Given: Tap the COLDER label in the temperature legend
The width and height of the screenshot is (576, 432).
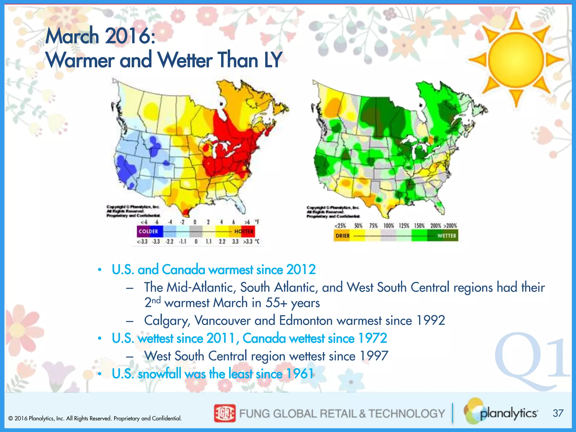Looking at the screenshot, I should pos(148,231).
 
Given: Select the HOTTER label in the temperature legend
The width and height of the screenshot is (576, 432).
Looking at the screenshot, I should pos(244,231).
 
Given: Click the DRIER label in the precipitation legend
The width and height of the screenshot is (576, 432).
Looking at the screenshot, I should pos(343,236).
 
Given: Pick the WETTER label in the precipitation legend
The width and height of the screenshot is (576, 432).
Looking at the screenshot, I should pos(447,236).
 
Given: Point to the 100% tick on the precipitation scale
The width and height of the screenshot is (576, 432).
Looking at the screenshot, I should pos(389,226).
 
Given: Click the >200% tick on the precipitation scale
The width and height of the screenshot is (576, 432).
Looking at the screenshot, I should pos(450,226).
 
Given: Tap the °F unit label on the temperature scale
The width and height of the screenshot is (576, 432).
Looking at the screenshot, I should pos(257,222).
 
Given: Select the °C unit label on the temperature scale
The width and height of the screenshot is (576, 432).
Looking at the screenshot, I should pos(256,242).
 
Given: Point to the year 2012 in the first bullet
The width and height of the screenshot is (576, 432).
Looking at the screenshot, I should pos(301,269).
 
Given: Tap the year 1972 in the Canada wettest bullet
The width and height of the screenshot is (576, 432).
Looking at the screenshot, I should pos(372,338).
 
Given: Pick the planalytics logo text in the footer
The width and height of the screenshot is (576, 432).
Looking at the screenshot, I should pos(508,413).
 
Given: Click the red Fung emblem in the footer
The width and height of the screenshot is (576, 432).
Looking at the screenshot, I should pos(224,413).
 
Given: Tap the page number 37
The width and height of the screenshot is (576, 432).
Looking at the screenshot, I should pos(558,413).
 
